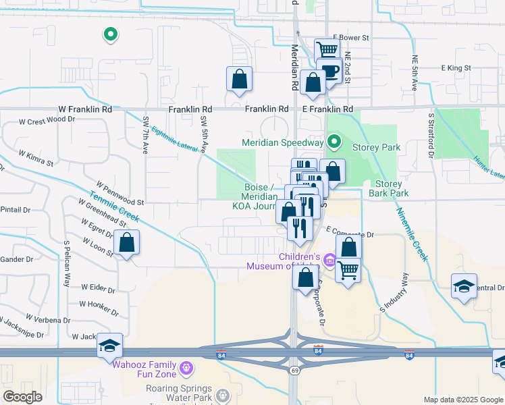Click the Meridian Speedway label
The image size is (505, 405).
283,142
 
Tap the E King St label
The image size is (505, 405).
456,68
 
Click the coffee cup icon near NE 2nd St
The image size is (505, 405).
329,71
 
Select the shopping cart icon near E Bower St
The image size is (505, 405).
327,49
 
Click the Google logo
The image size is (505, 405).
22,397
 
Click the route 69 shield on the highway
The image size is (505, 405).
294,371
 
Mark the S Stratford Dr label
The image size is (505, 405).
431,136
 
